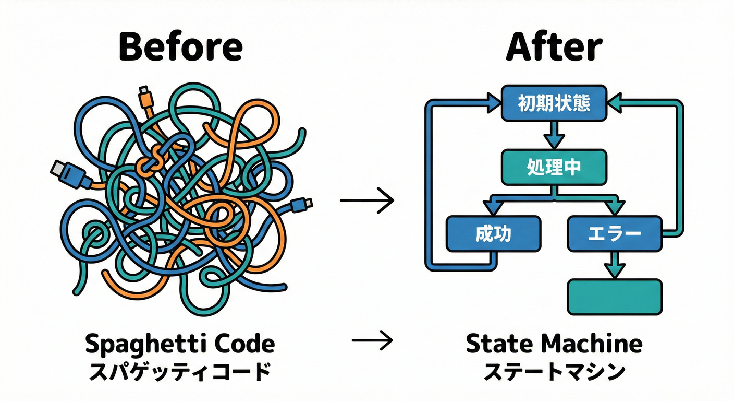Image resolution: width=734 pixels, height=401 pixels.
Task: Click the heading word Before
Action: pyautogui.click(x=180, y=48)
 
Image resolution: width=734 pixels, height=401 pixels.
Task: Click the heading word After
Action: pyautogui.click(x=554, y=48)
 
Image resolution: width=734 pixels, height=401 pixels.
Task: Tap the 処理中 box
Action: pyautogui.click(x=554, y=167)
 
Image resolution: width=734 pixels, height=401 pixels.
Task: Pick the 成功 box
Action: pyautogui.click(x=494, y=234)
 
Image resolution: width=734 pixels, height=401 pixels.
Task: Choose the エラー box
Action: pyautogui.click(x=614, y=234)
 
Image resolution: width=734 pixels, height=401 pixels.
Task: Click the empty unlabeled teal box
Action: pyautogui.click(x=614, y=297)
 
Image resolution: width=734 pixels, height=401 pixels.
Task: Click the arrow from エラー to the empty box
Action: pyautogui.click(x=614, y=265)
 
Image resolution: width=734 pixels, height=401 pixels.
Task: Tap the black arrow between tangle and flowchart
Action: pyautogui.click(x=367, y=200)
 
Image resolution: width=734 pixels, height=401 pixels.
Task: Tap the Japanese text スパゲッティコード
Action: pyautogui.click(x=179, y=373)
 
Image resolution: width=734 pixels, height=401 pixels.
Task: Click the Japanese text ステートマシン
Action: pyautogui.click(x=554, y=373)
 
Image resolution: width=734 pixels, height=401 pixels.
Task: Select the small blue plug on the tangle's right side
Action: pyautogui.click(x=302, y=203)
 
